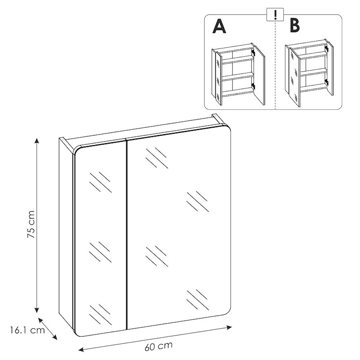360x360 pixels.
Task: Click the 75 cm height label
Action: click(x=31, y=224)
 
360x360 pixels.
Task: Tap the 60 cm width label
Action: click(x=158, y=346)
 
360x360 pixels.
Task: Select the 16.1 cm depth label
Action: click(x=27, y=330)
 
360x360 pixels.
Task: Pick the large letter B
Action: click(x=295, y=26)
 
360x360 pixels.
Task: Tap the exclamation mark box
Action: click(x=275, y=15)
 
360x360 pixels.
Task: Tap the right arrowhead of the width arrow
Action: click(x=229, y=327)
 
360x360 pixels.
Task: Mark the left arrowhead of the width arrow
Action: click(x=81, y=350)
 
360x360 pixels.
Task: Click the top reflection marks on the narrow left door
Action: click(x=100, y=182)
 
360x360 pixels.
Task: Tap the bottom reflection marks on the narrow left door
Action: click(x=100, y=314)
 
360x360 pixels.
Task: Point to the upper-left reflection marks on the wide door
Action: click(x=156, y=158)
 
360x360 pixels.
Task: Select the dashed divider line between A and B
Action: click(x=275, y=65)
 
